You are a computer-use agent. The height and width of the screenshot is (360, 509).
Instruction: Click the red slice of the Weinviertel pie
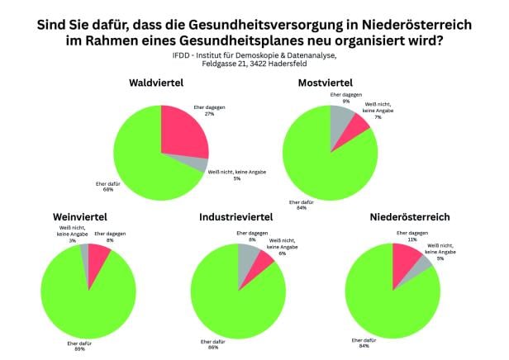coord(98,257)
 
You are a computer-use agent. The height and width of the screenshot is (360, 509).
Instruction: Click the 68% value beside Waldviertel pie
coord(108,189)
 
